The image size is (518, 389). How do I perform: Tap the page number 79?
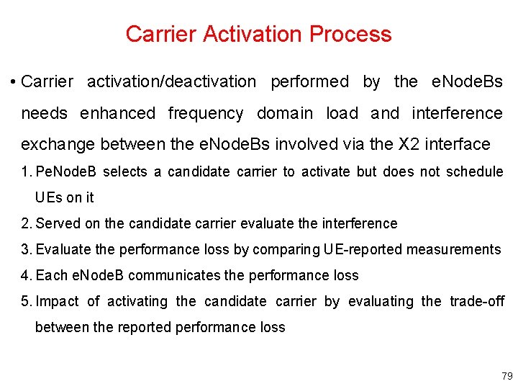pyautogui.click(x=507, y=376)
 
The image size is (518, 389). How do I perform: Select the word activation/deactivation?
pyautogui.click(x=171, y=82)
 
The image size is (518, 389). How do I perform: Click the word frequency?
pyautogui.click(x=205, y=113)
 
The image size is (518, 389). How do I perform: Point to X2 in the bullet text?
pyautogui.click(x=410, y=144)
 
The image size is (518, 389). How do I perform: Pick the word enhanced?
pyautogui.click(x=117, y=113)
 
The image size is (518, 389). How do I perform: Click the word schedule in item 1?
pyautogui.click(x=473, y=171)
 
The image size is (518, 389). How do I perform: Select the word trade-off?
pyautogui.click(x=477, y=301)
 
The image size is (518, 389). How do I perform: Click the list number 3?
pyautogui.click(x=26, y=249)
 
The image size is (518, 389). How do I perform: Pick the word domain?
pyautogui.click(x=285, y=113)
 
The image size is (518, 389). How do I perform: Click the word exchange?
pyautogui.click(x=58, y=144)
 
